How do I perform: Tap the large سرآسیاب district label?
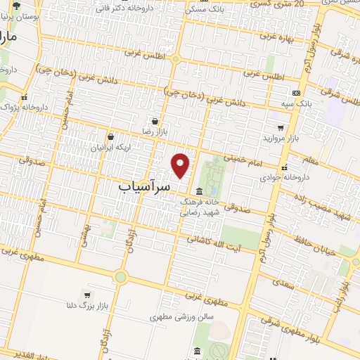(x=143, y=188)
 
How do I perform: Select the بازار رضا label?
(x=154, y=131)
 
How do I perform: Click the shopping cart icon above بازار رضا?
(x=154, y=120)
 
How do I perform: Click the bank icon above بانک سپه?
(x=296, y=92)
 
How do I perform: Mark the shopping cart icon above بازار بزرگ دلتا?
(x=86, y=295)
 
